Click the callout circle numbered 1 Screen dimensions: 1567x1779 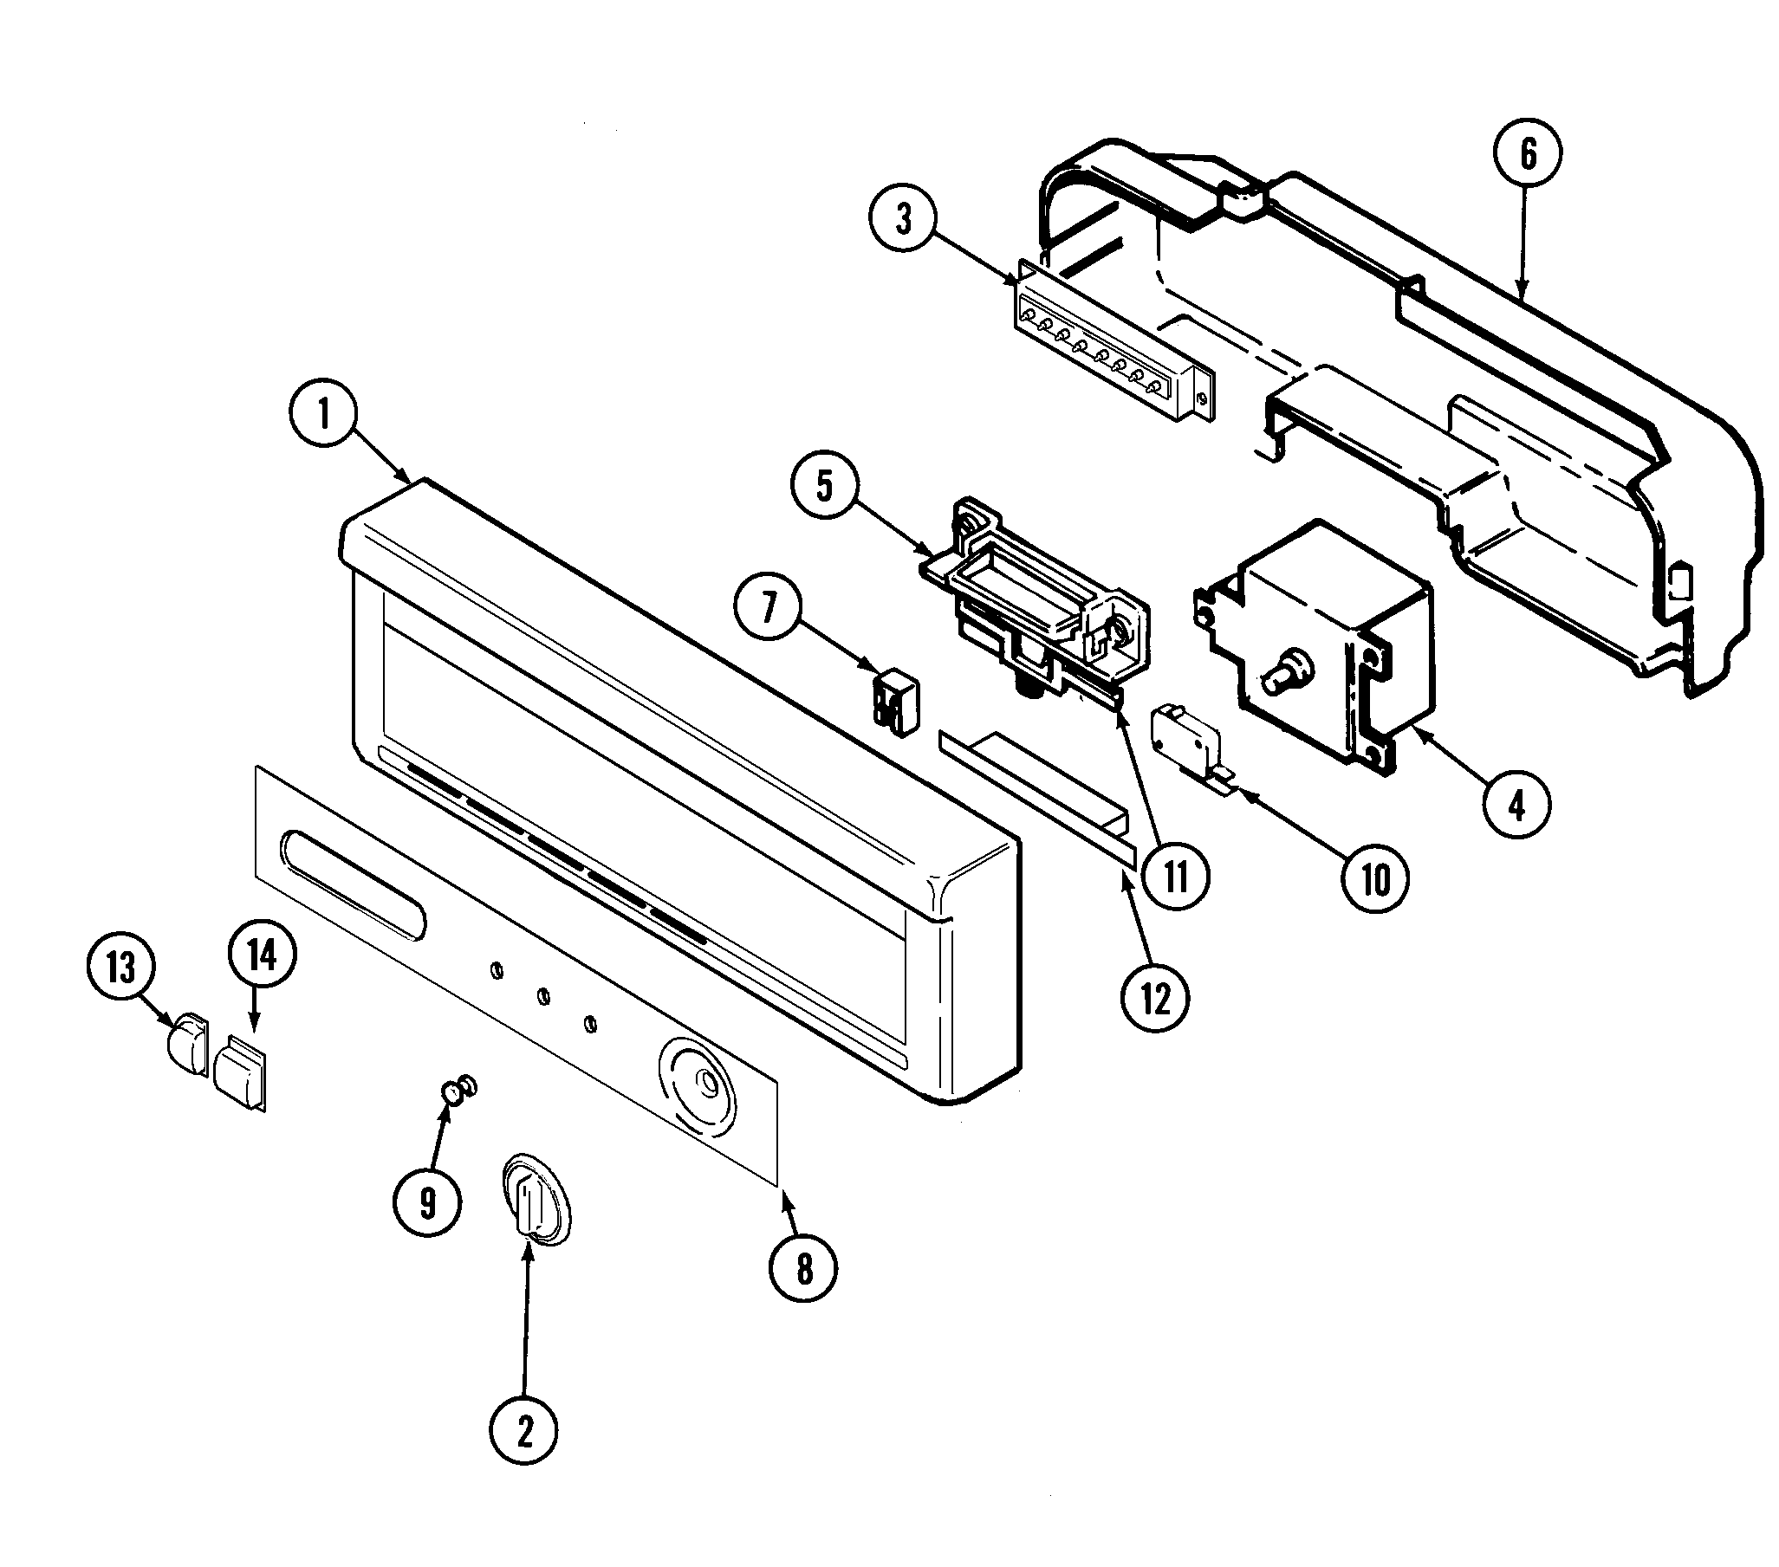(x=324, y=415)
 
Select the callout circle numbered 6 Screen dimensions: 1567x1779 (x=1528, y=154)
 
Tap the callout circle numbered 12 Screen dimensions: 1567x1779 (x=1155, y=1000)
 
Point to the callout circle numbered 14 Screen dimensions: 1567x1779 (x=262, y=955)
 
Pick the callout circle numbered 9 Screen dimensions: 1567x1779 (x=427, y=1202)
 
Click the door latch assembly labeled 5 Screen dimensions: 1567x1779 (x=1036, y=600)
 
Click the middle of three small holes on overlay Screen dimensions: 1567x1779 (x=543, y=996)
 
